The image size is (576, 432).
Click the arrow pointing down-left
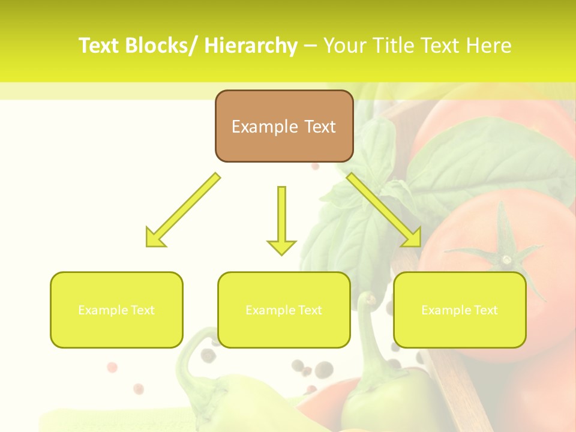[182, 209]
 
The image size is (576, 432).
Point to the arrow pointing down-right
[384, 209]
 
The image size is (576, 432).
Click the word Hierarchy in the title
[250, 46]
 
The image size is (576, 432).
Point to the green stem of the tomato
[505, 249]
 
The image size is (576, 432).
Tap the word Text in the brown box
[319, 127]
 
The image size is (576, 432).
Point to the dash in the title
[310, 46]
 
